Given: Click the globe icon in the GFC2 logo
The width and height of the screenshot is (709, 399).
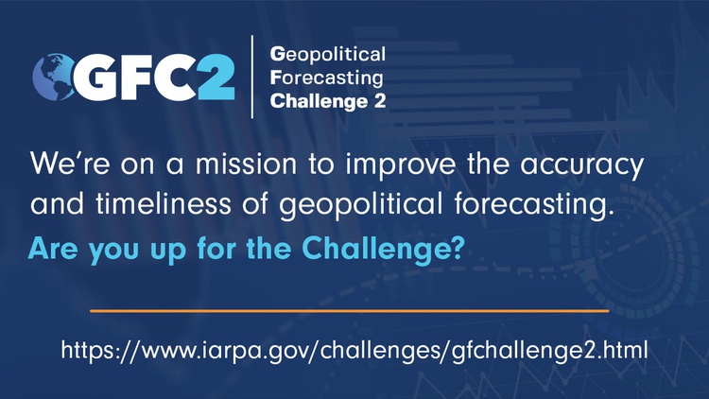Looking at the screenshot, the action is [53, 77].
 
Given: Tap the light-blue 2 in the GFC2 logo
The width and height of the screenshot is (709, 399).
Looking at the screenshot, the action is [216, 77].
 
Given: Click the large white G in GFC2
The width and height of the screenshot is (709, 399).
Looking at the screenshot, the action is [96, 77].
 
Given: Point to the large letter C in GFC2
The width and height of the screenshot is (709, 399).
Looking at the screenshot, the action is [176, 77].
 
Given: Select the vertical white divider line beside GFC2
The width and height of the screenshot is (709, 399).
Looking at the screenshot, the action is [251, 77].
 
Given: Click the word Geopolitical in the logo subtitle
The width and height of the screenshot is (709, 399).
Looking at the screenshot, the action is [328, 55].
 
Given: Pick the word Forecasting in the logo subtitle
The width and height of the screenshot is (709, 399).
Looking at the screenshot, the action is [326, 78].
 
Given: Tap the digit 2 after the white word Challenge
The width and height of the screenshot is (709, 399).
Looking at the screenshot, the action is [380, 101].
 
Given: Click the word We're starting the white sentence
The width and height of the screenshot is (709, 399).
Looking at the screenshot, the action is [70, 164].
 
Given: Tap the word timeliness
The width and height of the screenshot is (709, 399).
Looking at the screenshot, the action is [164, 203].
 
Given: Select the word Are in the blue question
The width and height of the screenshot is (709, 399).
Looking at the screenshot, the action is [52, 248].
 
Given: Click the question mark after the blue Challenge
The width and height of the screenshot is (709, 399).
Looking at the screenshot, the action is [458, 248].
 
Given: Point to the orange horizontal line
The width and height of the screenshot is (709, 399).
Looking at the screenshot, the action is [350, 311].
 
